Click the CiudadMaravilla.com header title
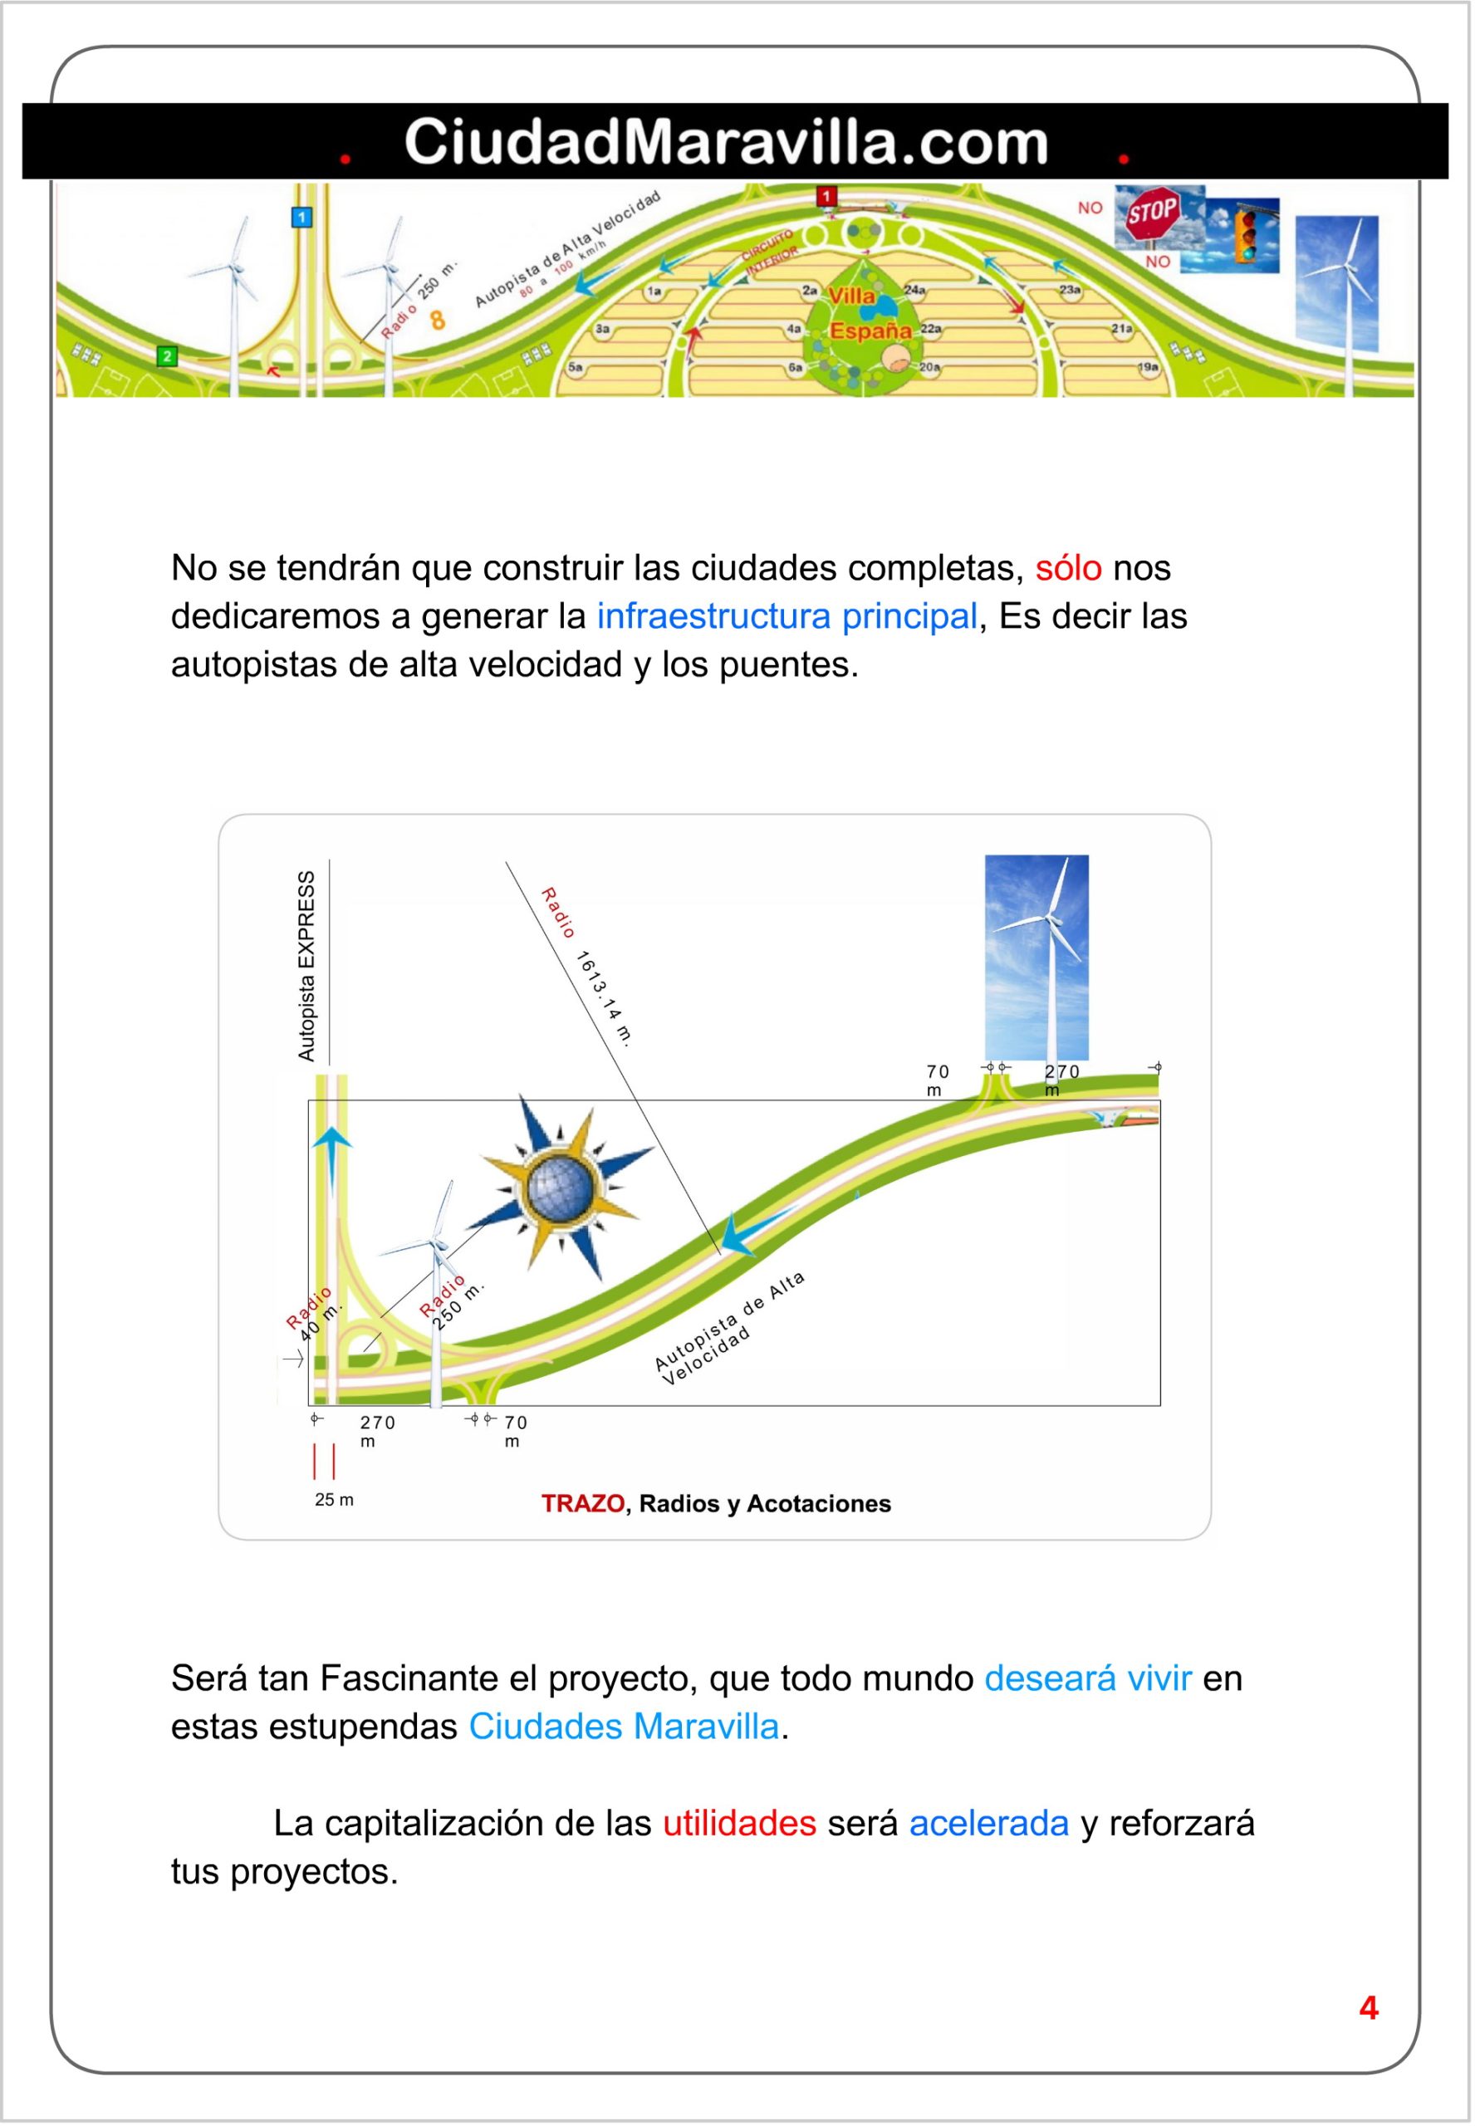click(726, 142)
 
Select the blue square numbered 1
click(301, 217)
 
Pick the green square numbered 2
click(167, 355)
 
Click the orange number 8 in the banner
click(438, 321)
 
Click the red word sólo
click(1067, 567)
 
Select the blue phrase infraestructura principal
click(787, 615)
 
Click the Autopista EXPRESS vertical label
click(306, 965)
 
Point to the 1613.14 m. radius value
click(605, 998)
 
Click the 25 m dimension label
click(334, 1499)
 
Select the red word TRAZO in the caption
click(582, 1502)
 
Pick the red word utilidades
click(739, 1822)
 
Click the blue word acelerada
click(989, 1822)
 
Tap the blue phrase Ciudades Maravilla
click(624, 1726)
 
